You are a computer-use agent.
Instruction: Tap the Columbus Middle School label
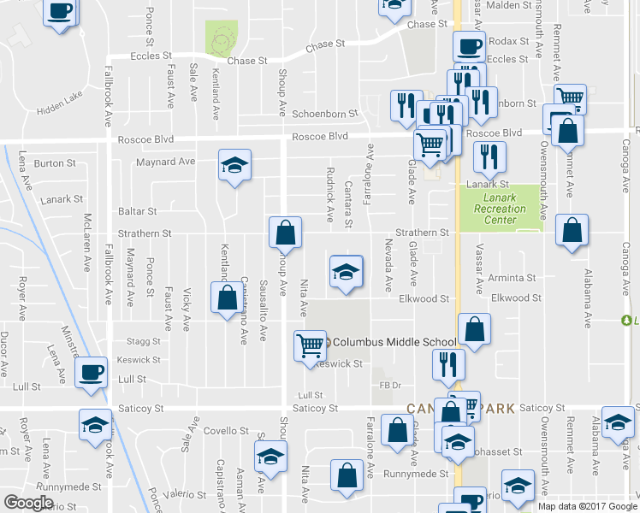[x=382, y=342]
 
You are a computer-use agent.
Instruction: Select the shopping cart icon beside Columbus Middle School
[x=310, y=345]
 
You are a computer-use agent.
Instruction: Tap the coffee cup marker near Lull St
[x=91, y=373]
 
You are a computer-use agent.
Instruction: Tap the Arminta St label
[x=513, y=278]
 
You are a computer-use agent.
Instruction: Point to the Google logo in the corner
[x=28, y=503]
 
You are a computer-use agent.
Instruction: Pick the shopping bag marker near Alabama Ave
[x=572, y=229]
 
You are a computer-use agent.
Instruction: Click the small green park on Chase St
[x=222, y=38]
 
